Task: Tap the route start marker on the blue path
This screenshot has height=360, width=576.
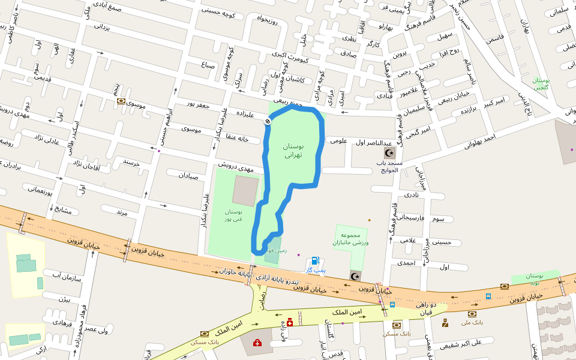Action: (268, 122)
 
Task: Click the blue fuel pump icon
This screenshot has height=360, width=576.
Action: (314, 262)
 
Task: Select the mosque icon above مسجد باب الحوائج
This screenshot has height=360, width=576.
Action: (390, 153)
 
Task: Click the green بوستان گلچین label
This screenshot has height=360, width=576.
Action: (541, 83)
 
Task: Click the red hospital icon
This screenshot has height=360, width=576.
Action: (257, 343)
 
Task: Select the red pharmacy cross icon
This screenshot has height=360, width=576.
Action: (290, 322)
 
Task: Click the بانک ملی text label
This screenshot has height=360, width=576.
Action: (472, 322)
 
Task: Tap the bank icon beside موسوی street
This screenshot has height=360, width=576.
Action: (121, 101)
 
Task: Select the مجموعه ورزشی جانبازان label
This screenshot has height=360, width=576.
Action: (350, 239)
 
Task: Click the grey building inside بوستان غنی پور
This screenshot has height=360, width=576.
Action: (245, 191)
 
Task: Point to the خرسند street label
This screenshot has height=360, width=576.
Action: (131, 162)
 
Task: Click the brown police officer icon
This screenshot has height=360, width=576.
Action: (445, 323)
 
